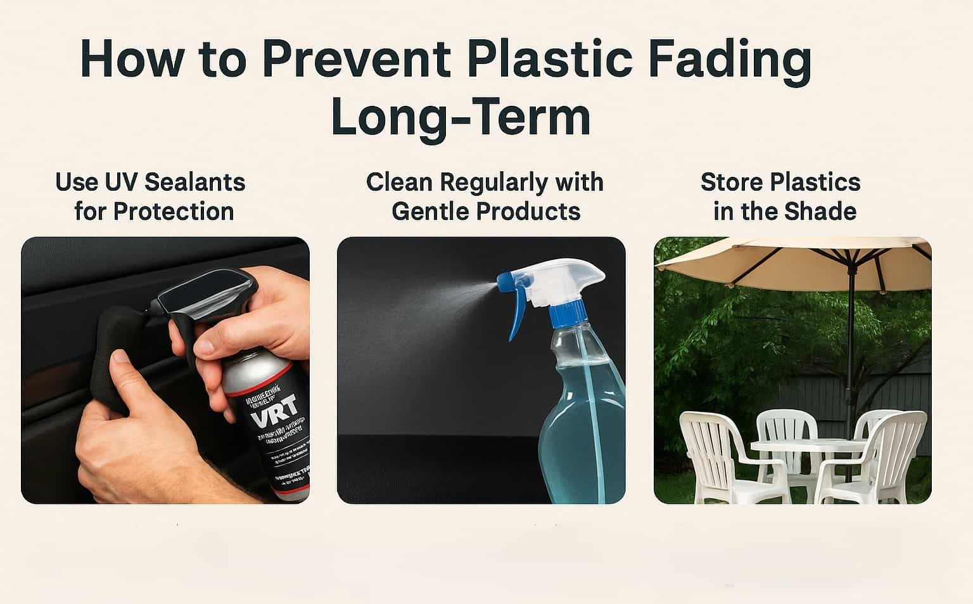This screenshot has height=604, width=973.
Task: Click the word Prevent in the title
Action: pyautogui.click(x=356, y=59)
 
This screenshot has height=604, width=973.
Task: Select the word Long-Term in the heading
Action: pyautogui.click(x=461, y=117)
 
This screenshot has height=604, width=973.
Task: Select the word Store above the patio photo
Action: pyautogui.click(x=729, y=183)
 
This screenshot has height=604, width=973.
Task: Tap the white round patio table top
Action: pyautogui.click(x=808, y=446)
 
